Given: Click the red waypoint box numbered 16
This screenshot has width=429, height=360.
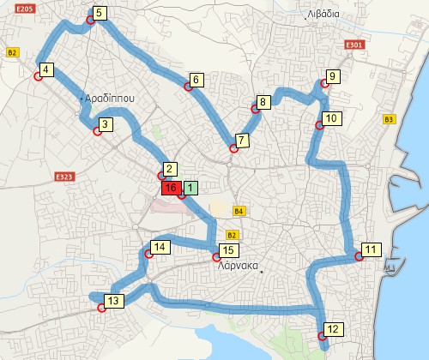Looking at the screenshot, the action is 170,188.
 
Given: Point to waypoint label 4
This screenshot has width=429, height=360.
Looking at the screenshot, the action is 46,69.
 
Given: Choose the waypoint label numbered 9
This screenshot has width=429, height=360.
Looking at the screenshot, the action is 333,76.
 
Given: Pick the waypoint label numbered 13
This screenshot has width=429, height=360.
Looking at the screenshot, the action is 114,300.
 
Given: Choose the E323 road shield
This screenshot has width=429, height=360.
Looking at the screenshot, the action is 63,177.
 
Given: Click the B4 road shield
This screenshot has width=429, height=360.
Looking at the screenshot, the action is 239,211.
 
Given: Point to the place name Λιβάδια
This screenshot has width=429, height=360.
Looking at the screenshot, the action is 324,14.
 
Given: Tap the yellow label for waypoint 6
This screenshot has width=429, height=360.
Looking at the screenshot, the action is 196,80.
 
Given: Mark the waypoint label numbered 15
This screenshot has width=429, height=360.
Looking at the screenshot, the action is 227,250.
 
